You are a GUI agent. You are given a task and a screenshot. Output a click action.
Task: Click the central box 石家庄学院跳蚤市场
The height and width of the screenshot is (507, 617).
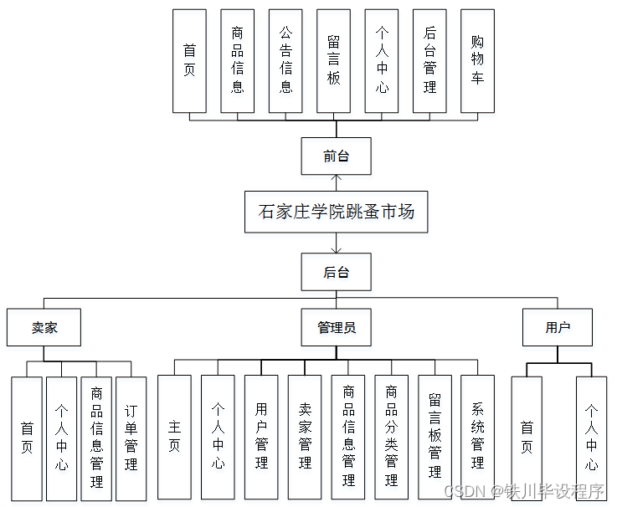[337, 212]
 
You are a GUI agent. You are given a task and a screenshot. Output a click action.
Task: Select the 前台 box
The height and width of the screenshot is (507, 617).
[337, 156]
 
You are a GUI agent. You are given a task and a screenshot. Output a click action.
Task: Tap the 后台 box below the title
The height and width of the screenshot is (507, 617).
[337, 272]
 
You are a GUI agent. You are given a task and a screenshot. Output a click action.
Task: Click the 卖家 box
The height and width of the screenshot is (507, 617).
[44, 327]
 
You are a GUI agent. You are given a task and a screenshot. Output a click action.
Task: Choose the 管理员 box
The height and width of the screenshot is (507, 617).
[337, 327]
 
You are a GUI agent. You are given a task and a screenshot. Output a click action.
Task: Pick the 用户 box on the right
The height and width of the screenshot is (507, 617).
[558, 327]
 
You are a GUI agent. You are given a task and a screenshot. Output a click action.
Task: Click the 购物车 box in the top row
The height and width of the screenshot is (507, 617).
[477, 61]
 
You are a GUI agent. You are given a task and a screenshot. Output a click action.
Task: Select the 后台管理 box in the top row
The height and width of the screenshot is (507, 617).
[429, 61]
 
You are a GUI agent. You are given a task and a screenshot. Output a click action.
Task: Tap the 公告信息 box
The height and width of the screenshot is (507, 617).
[285, 61]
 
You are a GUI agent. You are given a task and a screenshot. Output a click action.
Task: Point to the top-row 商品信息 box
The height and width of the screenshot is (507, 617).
[238, 61]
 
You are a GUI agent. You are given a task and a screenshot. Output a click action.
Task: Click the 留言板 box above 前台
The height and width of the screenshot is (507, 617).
[333, 61]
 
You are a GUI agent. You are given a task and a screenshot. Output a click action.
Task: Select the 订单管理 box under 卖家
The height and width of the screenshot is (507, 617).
[131, 438]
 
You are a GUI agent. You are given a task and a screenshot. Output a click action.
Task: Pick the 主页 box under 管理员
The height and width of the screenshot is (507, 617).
[174, 438]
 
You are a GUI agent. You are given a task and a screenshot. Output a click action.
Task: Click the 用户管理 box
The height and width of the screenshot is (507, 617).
[261, 438]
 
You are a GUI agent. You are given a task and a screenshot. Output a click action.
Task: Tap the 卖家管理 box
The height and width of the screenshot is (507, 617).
[305, 438]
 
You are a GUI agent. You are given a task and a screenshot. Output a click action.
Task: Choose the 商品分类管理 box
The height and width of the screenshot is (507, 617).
[391, 438]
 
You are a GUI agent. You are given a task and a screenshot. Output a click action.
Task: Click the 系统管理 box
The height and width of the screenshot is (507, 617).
[477, 438]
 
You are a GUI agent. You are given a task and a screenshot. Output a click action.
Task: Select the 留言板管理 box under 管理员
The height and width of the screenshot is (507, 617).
[434, 438]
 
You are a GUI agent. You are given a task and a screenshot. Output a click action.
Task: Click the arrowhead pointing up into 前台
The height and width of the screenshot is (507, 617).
[337, 178]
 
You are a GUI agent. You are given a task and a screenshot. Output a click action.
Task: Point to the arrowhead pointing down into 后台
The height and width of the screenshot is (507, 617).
[337, 249]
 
